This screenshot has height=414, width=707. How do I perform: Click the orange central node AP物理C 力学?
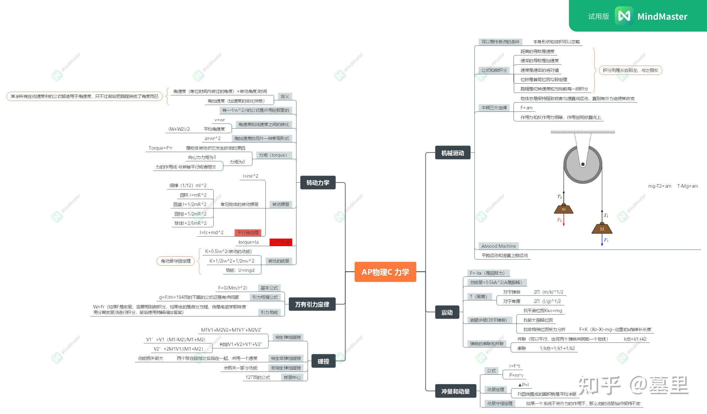385,272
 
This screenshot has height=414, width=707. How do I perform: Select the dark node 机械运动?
453,153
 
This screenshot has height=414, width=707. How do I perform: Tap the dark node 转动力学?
318,183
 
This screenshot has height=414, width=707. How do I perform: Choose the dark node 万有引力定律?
312,304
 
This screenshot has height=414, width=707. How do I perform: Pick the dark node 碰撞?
323,361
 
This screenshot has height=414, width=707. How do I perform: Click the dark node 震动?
447,312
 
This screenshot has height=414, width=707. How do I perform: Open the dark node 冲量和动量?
456,391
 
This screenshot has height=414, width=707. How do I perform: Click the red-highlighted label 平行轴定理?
248,233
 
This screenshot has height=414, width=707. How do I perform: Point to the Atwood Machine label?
499,246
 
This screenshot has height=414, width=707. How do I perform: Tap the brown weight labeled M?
602,229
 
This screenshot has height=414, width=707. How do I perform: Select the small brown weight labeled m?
564,209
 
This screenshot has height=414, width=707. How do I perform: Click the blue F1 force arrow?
602,240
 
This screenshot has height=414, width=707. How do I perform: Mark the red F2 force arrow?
564,220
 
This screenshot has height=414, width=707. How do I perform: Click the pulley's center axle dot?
583,164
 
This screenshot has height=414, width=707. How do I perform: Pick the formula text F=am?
526,108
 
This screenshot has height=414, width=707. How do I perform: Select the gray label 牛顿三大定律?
494,108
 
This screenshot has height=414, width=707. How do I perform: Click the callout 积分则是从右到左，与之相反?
630,70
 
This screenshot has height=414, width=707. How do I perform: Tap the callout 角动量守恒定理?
176,261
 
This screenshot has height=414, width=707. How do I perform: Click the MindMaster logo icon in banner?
624,16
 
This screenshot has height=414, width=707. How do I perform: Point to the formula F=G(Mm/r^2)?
233,288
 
